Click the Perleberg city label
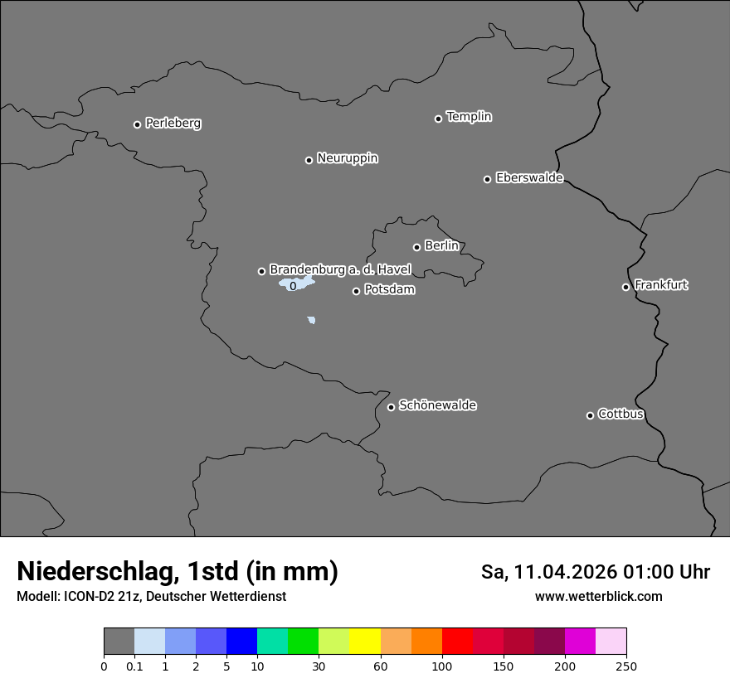tap(173, 124)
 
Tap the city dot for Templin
tap(438, 119)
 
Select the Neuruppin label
tap(347, 158)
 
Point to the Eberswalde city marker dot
tap(487, 179)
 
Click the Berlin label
tap(441, 246)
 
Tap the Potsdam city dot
tap(356, 291)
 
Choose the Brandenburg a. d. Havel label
tap(340, 270)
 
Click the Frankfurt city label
tap(660, 285)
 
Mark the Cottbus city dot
tap(590, 415)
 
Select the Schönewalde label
tap(437, 405)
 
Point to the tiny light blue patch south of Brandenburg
tap(311, 320)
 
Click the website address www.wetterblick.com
tap(598, 597)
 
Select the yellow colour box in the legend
tap(365, 642)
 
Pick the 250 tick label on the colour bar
tap(626, 665)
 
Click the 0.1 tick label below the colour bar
tap(134, 665)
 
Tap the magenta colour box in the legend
tap(580, 642)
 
